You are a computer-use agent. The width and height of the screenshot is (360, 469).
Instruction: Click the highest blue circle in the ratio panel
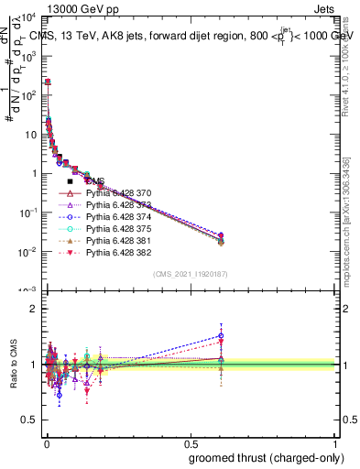tap(221, 335)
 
